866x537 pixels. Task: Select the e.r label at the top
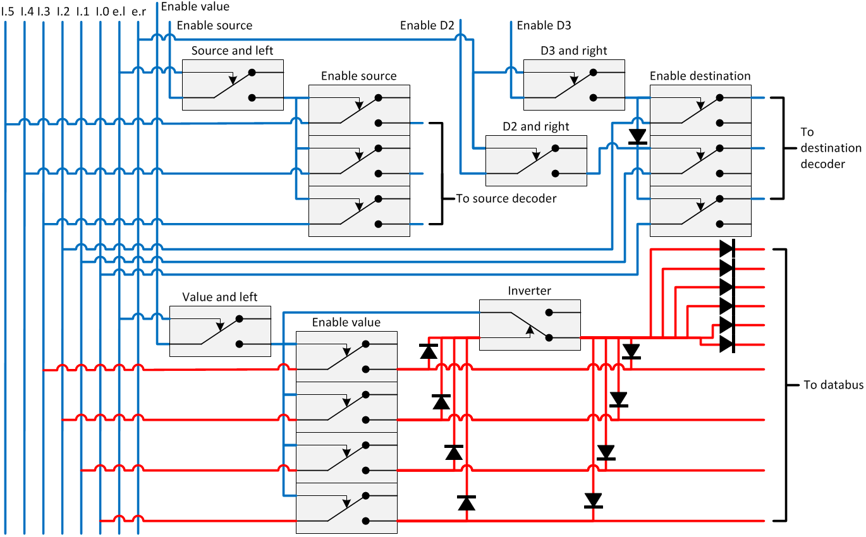point(138,11)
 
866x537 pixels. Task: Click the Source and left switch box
point(233,85)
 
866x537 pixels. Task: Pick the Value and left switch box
point(220,332)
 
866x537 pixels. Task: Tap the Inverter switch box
point(530,325)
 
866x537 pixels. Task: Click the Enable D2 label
point(427,26)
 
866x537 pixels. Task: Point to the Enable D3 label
point(544,26)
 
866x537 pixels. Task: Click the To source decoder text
point(506,198)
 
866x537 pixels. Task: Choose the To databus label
point(833,385)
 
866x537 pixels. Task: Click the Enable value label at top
point(195,7)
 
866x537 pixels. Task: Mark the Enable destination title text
point(700,76)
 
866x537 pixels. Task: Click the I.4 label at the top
point(27,11)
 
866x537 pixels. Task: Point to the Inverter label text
point(529,291)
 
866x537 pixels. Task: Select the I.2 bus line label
point(63,11)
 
